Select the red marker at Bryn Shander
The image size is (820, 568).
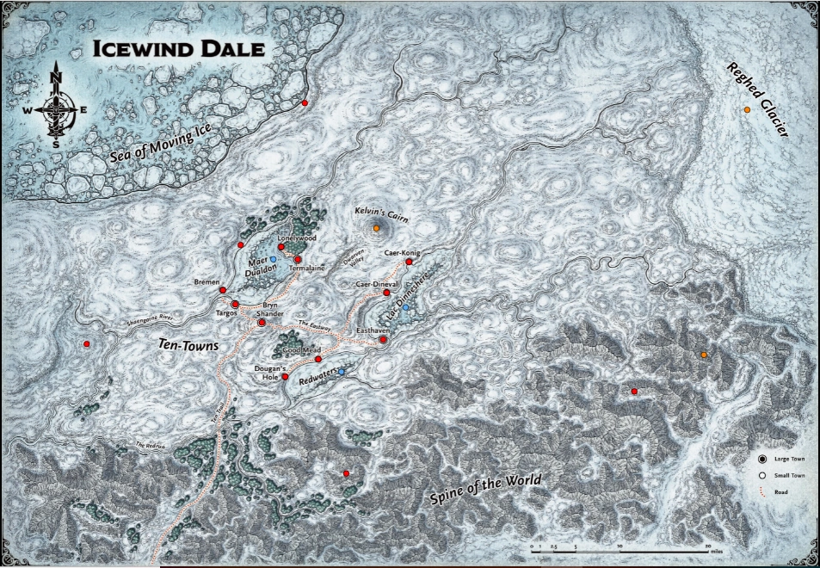[262, 323]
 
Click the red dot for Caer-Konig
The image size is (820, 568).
[409, 262]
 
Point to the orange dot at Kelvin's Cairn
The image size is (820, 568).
[377, 228]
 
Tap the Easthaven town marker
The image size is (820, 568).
[383, 340]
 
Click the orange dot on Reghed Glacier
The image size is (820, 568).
[747, 111]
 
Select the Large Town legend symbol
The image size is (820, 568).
[762, 460]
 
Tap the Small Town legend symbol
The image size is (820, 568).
[762, 476]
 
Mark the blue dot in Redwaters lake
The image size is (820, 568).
[342, 371]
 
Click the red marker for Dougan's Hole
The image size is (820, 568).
[285, 377]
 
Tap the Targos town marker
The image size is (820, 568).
[235, 304]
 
